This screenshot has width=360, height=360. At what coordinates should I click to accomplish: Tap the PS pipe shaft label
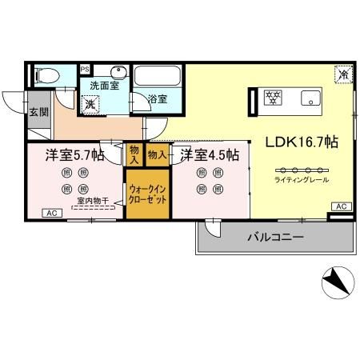coord(86,70)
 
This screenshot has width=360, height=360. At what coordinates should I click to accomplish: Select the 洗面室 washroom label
coord(104,86)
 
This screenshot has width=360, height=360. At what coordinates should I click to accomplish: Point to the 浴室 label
coord(157,100)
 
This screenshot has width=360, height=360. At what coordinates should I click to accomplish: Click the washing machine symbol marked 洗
coord(91,104)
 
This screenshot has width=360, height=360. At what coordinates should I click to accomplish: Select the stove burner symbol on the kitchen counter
coord(274,98)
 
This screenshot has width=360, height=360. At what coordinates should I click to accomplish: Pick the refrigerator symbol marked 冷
coord(342,74)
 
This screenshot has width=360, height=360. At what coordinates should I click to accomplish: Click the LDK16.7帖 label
coord(301,142)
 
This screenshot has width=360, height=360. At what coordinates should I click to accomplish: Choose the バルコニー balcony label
coord(274,238)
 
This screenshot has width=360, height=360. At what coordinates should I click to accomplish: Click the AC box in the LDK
coord(340,206)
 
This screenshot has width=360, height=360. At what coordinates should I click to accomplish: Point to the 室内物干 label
coord(93,201)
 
